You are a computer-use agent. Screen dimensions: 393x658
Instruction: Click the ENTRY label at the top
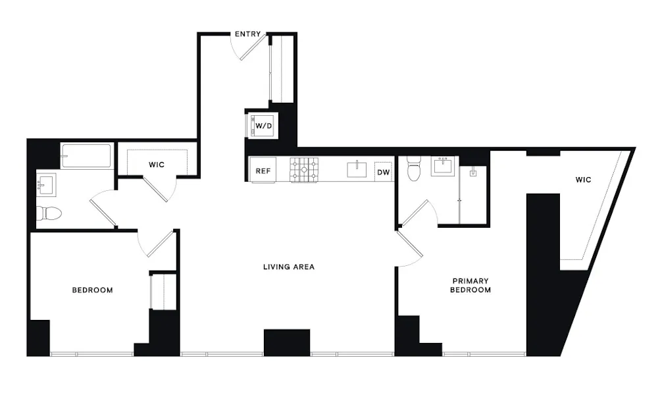(x=247, y=34)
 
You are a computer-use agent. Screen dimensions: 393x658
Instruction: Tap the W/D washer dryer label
(x=264, y=125)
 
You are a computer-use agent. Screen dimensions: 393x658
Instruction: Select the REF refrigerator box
(x=263, y=170)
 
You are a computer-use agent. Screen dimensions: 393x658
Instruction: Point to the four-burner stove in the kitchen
(x=304, y=170)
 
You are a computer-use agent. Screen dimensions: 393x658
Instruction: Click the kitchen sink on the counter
(x=357, y=169)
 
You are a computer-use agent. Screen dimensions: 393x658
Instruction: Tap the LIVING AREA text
(x=288, y=267)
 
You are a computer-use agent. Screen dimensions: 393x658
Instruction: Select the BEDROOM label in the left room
(x=92, y=290)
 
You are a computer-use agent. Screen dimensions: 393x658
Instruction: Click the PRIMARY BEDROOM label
(x=470, y=285)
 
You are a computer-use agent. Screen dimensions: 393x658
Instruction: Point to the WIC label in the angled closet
(x=583, y=179)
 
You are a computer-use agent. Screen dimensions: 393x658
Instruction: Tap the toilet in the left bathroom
(x=49, y=213)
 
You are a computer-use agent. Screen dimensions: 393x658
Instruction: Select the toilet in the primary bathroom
(x=414, y=169)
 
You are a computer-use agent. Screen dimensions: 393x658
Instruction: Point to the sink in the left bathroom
(x=47, y=184)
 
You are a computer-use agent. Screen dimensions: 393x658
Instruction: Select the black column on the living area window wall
(x=287, y=342)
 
